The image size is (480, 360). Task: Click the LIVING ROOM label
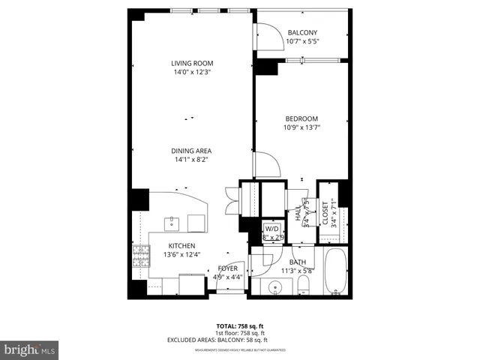(193, 63)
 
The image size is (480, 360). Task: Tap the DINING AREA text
(193, 150)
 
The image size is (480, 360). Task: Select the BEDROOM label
(301, 118)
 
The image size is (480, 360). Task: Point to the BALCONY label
(302, 32)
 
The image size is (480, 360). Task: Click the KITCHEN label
(181, 246)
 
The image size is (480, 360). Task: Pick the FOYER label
(228, 268)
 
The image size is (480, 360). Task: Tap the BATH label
(298, 262)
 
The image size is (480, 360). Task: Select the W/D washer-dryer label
(271, 229)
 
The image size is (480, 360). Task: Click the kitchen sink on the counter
(172, 223)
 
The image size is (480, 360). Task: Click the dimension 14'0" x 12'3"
(193, 73)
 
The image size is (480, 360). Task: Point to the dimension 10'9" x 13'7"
(301, 128)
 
